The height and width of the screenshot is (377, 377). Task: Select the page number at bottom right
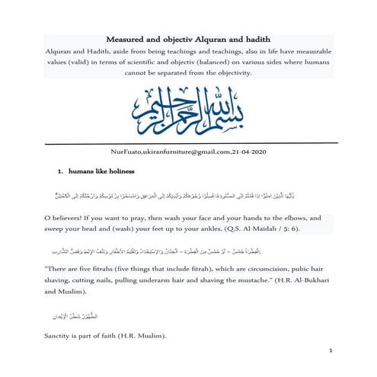point(332,352)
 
